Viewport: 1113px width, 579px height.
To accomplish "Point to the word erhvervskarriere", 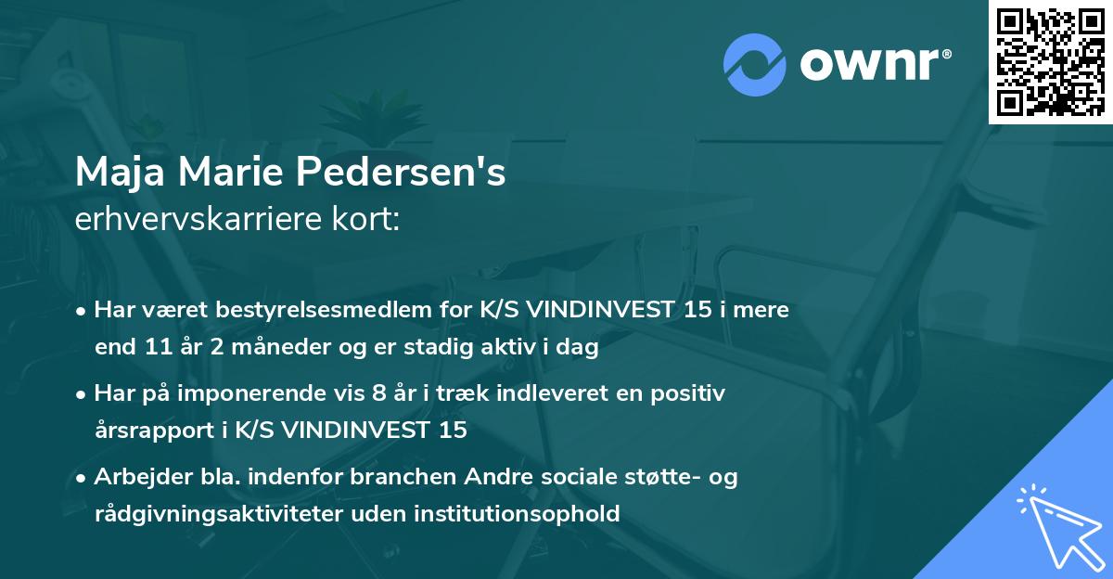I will pos(186,220).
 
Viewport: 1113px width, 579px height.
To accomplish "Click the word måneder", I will pos(268,349).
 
